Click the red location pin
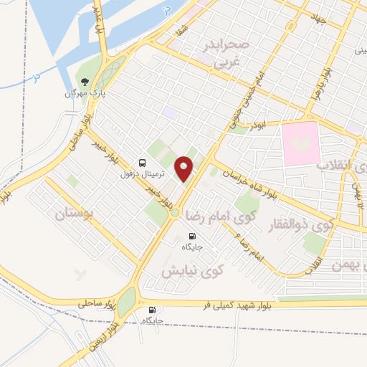click(x=185, y=168)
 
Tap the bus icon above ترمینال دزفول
click(x=143, y=163)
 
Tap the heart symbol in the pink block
click(x=301, y=142)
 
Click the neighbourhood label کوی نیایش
click(x=191, y=271)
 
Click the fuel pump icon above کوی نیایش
click(x=191, y=236)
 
